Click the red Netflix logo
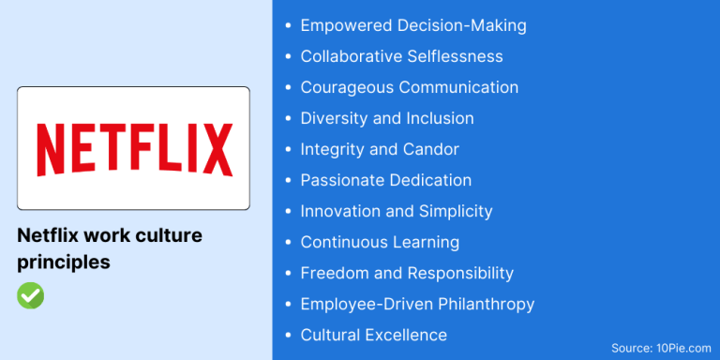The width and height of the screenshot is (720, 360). coord(134,149)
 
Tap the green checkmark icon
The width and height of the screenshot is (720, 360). coord(30,295)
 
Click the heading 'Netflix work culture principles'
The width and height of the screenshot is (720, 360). coord(110,248)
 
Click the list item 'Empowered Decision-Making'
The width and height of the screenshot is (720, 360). coord(412,26)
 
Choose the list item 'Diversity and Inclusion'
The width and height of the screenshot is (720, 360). coord(386,118)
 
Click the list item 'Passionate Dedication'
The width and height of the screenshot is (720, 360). coord(385,180)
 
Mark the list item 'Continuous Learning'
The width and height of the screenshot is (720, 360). coord(380,242)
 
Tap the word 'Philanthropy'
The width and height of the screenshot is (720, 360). coord(485,304)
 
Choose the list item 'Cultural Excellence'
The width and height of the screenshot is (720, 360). coord(373,335)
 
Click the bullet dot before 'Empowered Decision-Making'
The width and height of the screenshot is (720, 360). coord(287,26)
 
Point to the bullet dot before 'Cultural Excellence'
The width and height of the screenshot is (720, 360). coord(287,335)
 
